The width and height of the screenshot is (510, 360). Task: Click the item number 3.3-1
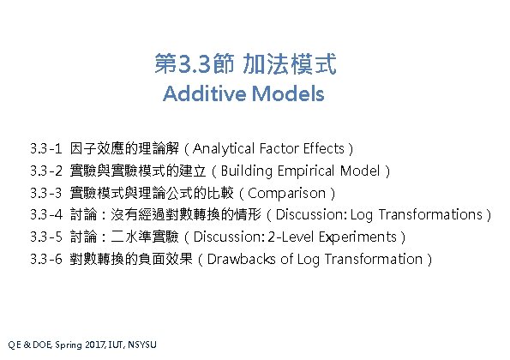point(46,147)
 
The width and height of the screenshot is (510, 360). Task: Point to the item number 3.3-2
point(46,170)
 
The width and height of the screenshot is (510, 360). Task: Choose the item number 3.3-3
point(46,192)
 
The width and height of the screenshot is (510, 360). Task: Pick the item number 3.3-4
point(46,214)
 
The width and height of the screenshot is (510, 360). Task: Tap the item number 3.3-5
point(46,237)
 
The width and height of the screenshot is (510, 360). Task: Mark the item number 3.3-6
point(46,259)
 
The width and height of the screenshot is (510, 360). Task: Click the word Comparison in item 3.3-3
point(290,192)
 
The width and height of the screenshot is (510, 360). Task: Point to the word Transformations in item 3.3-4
point(429,214)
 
